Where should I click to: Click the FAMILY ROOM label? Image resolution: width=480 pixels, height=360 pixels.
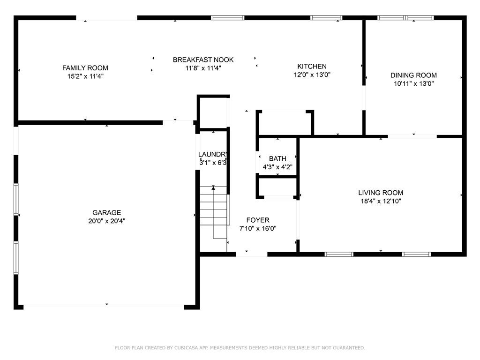[85, 68]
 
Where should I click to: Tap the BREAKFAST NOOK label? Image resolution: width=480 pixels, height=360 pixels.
[203, 60]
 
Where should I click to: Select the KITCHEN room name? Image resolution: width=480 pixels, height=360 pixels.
[312, 66]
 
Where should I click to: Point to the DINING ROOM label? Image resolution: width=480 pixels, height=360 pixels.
[413, 75]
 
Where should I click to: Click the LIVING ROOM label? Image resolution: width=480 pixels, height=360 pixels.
[380, 193]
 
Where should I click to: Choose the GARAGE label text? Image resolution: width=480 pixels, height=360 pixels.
[106, 212]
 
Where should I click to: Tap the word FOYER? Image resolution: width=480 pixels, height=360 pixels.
[258, 220]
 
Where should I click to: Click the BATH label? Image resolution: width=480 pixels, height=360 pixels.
[277, 159]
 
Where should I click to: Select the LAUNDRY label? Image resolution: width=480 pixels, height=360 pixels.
[213, 155]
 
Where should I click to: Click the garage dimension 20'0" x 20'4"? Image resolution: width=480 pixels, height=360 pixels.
[106, 221]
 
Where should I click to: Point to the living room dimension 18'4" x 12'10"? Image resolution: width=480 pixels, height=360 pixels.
[380, 201]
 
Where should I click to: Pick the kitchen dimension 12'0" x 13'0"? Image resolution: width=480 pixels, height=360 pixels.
[312, 75]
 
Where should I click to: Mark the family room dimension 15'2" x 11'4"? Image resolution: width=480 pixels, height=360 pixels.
[85, 76]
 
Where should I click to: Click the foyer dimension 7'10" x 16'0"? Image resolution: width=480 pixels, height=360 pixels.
[258, 229]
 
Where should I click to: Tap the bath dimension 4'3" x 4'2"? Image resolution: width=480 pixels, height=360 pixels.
[277, 167]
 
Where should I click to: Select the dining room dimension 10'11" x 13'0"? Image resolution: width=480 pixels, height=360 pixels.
[413, 84]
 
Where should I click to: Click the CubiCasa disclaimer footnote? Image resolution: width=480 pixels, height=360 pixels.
[240, 348]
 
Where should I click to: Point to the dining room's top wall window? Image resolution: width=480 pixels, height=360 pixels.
[406, 18]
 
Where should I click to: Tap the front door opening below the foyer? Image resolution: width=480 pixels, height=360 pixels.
[251, 254]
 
